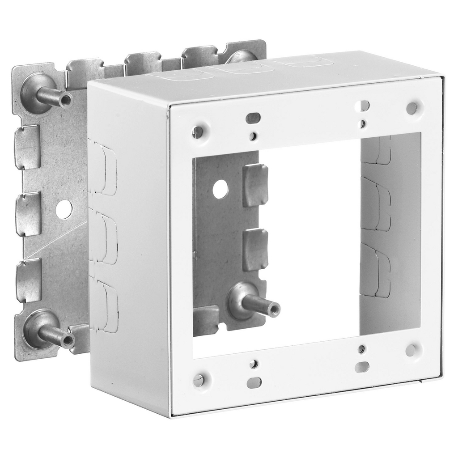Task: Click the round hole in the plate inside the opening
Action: coord(220,189)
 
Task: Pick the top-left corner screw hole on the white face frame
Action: coord(197,132)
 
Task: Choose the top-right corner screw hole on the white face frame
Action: coord(411,108)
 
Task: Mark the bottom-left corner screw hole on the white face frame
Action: coord(198,380)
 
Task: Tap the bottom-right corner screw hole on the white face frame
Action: coord(411,350)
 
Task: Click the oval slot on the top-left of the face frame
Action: coord(253,118)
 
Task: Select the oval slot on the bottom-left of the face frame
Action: coord(254,383)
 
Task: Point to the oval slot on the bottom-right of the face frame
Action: coord(362,367)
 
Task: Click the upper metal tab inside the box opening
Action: coord(255,185)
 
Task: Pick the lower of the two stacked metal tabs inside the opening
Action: coord(255,249)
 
